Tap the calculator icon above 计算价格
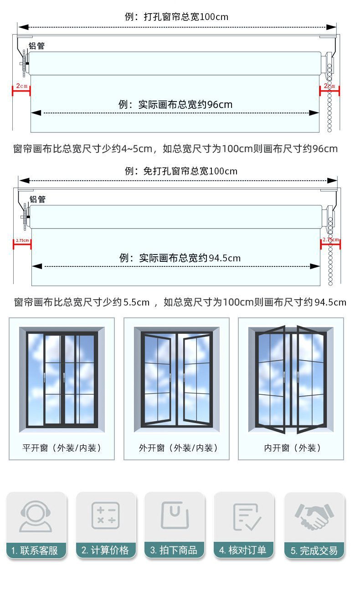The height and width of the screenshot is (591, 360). pos(106,516)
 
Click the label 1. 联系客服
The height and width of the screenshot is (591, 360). pos(35,550)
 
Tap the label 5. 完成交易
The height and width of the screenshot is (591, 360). pos(314,550)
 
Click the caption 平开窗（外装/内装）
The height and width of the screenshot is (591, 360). pos(62,448)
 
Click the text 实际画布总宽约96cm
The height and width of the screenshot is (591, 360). pos(175,104)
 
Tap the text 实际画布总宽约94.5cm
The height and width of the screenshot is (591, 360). pos(180,258)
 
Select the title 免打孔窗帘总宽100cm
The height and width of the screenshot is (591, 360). pos(181,171)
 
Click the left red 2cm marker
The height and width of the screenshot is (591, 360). pos(21,86)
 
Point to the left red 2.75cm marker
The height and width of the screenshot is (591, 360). pos(22,240)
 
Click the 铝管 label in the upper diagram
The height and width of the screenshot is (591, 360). pos(37,46)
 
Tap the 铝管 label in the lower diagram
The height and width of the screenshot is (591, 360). pos(38,199)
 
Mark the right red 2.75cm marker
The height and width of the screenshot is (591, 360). pos(330,240)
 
